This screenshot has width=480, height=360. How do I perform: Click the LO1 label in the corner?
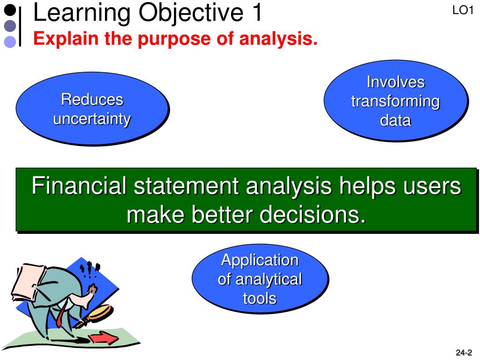coord(463,10)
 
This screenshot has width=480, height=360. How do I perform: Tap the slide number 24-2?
coord(464,352)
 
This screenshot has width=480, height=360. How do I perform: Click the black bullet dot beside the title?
coord(10,10)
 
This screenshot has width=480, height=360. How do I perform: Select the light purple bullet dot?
coord(10,42)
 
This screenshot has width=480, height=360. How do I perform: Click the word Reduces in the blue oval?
coord(92,99)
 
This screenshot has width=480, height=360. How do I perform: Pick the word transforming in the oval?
coord(396,101)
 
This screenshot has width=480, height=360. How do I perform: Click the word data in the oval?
coord(396,120)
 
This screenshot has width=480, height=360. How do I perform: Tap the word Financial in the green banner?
coord(79,186)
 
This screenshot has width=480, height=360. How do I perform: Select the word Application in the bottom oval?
coord(260,260)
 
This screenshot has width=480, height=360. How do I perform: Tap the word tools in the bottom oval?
coord(260,298)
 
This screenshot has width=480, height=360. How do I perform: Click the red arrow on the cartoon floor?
coord(103,338)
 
